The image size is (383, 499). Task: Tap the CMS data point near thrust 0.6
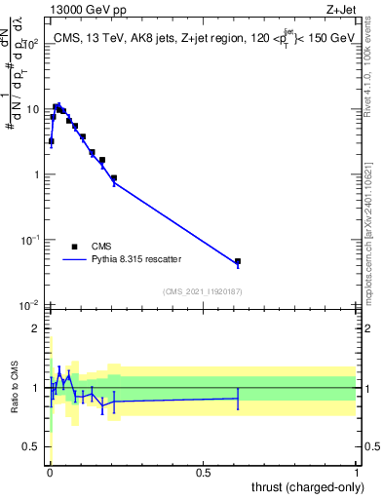238,261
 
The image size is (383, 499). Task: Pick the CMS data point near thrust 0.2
114,178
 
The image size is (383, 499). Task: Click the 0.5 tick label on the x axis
202,470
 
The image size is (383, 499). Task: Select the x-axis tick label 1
357,470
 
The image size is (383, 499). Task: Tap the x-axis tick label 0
49,470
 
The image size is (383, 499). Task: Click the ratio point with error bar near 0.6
238,398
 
